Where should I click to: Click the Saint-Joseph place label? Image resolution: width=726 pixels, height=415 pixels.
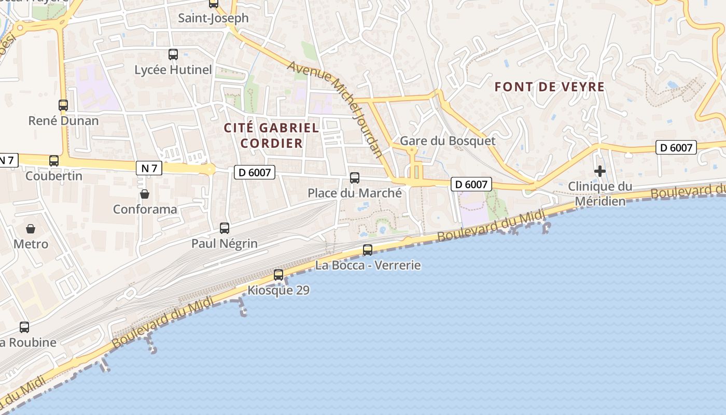coord(213,18)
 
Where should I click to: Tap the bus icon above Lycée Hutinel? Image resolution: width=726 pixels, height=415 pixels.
coord(173,54)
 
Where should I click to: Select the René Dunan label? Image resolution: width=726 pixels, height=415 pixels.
coord(63,121)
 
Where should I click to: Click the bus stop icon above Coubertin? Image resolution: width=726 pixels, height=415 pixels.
coord(54,160)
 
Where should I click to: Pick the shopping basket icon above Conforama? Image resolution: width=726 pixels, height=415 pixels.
coord(145,194)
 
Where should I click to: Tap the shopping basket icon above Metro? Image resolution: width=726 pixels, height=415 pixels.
coord(31,228)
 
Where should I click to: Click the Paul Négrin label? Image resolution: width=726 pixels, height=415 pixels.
coord(225,243)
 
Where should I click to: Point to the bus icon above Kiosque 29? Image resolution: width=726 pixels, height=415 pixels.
coord(278,274)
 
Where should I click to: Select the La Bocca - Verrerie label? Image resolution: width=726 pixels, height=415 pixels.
coord(368,266)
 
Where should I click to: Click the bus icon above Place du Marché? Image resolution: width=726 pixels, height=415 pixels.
coord(355,178)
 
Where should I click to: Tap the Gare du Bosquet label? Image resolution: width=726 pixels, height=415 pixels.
coord(448,141)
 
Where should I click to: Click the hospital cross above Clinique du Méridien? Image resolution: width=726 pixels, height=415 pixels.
coord(600,171)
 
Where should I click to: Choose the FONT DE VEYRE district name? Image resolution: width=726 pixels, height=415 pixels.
coord(550,87)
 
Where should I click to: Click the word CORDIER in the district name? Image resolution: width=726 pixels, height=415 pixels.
coord(272,144)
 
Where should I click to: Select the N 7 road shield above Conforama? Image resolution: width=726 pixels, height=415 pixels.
coord(149,168)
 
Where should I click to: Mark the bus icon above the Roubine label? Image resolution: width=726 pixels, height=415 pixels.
coord(24,327)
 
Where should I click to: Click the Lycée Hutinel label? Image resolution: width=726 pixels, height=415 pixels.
coord(173,70)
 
